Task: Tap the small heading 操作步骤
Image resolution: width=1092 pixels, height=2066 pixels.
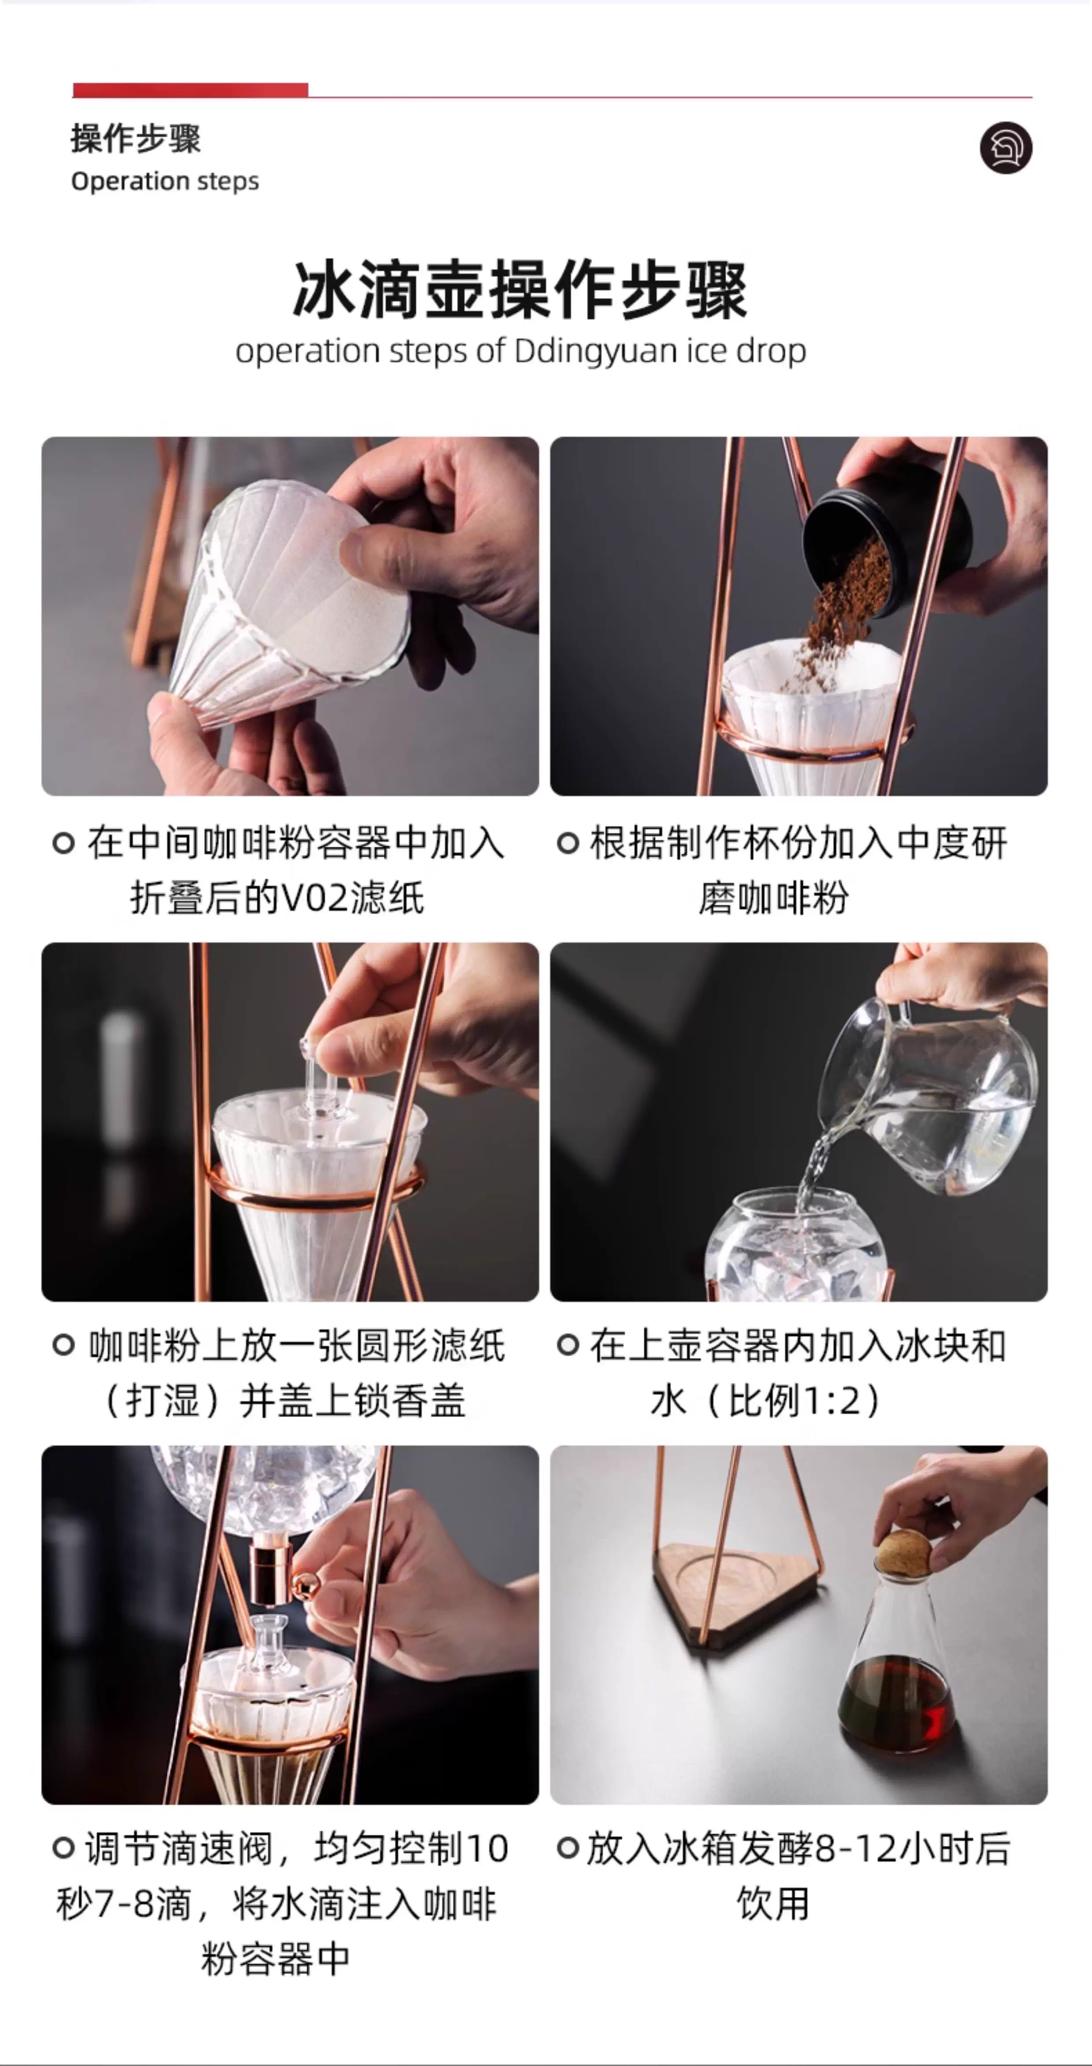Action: [136, 138]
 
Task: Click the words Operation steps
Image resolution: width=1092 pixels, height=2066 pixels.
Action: [165, 181]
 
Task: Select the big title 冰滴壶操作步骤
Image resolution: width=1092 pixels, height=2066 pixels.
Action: [520, 290]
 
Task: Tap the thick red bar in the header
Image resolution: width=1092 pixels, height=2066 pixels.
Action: [190, 90]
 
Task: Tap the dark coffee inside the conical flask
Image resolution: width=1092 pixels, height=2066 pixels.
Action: [896, 1704]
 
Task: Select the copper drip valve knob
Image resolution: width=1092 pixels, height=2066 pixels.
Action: [305, 1583]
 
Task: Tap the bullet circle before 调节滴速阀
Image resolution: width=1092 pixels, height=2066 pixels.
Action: [63, 1848]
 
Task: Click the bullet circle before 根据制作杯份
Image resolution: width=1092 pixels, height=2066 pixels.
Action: [568, 843]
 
